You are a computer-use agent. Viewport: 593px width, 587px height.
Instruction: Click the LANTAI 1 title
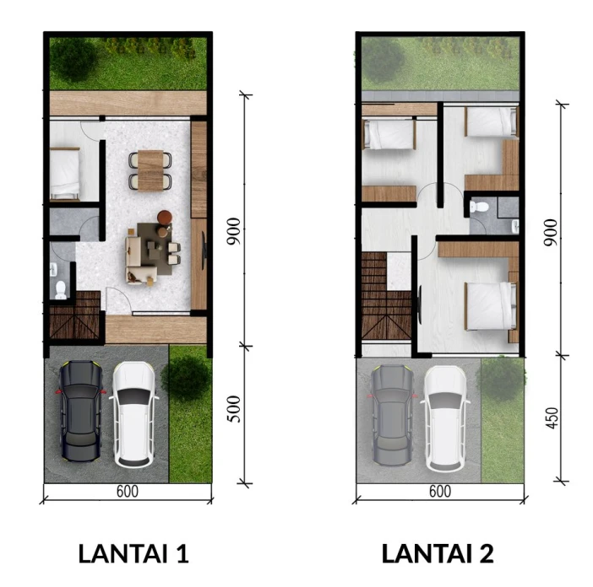133,554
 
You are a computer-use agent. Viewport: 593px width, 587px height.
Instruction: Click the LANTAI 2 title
438,554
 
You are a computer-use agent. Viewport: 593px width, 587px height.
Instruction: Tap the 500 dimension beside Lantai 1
234,409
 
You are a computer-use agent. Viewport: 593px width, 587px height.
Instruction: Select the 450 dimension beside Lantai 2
552,417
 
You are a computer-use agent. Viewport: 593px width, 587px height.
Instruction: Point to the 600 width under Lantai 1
128,491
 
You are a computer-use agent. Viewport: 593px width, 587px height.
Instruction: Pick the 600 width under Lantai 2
440,491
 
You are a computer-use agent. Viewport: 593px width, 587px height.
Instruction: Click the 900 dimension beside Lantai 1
234,231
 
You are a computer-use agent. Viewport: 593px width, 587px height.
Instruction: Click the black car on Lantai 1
81,411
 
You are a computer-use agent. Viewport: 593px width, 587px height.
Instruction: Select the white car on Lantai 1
133,414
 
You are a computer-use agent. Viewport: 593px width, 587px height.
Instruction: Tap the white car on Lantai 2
446,418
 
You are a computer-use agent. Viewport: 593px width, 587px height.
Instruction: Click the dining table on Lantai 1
150,170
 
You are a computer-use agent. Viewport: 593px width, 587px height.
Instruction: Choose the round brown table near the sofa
165,218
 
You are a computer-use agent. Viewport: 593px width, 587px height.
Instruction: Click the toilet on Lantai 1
61,289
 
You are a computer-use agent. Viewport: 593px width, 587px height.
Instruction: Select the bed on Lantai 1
65,173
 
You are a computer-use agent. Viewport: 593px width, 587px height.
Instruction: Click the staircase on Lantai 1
75,315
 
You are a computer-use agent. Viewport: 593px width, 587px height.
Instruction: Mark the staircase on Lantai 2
386,296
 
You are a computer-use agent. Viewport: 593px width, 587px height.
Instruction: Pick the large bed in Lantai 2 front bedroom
491,306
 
